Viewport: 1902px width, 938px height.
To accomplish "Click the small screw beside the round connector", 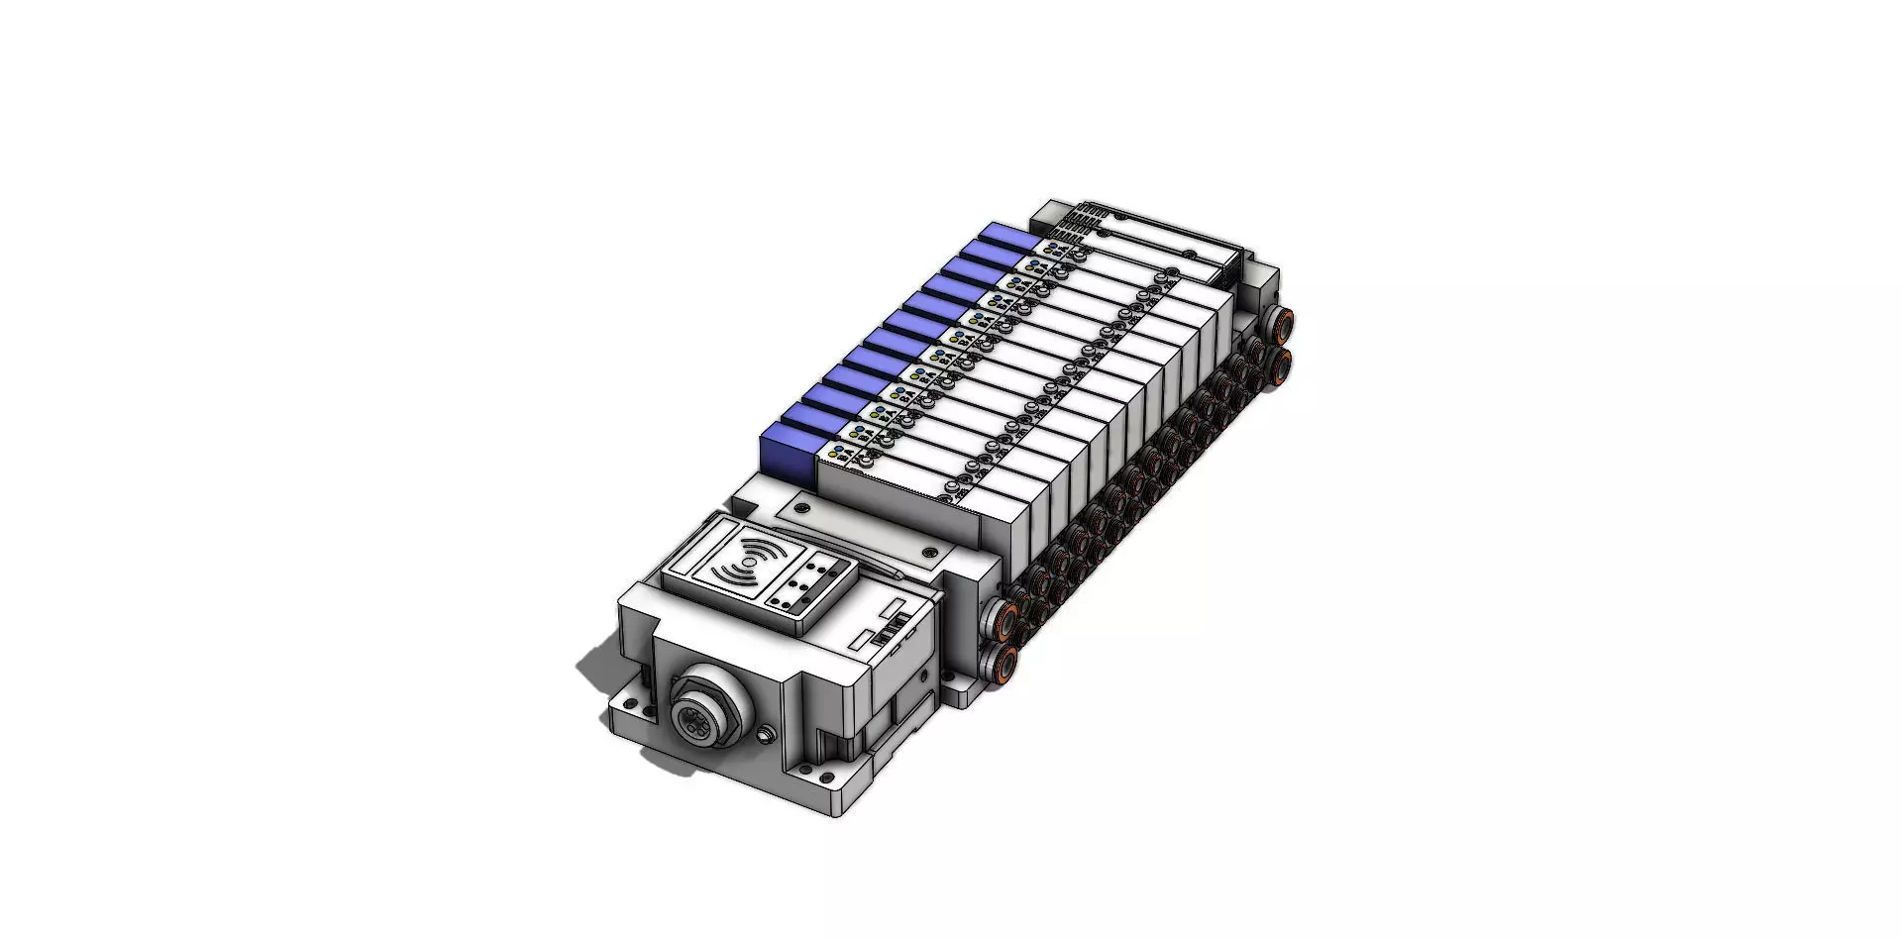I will (x=765, y=735).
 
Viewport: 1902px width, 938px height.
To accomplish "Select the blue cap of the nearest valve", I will (x=788, y=452).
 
